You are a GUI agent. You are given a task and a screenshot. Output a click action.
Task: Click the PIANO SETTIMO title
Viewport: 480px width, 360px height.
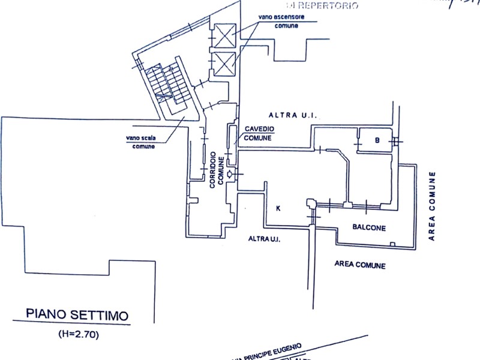click(x=77, y=314)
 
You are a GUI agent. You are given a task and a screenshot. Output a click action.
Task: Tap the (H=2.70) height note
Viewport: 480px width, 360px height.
click(x=77, y=332)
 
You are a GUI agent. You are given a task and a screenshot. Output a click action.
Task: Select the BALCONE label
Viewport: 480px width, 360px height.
click(x=368, y=228)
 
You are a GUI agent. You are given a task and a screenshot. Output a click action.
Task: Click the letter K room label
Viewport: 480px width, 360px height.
click(x=278, y=208)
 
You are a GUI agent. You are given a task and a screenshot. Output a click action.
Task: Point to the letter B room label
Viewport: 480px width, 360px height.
click(x=377, y=140)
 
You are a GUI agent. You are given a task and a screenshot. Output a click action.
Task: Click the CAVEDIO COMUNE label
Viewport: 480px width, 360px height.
click(x=259, y=134)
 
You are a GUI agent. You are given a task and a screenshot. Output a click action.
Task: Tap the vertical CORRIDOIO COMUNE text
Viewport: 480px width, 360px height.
click(x=216, y=170)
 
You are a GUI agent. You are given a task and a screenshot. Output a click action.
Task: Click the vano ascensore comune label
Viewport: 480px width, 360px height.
click(x=281, y=22)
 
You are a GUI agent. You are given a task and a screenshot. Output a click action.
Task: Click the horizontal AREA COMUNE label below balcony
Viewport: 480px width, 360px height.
click(x=360, y=265)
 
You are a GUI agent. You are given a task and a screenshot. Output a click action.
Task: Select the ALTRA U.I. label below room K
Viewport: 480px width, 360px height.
click(x=265, y=239)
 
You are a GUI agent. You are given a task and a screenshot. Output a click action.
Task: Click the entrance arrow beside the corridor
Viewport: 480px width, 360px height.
click(x=230, y=173)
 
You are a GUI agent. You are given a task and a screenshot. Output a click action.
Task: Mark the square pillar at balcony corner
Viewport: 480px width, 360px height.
click(x=311, y=204)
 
